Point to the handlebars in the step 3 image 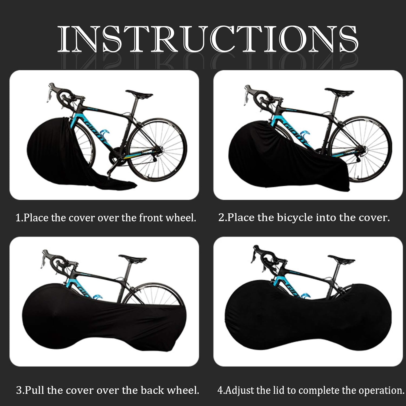click(55, 260)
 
